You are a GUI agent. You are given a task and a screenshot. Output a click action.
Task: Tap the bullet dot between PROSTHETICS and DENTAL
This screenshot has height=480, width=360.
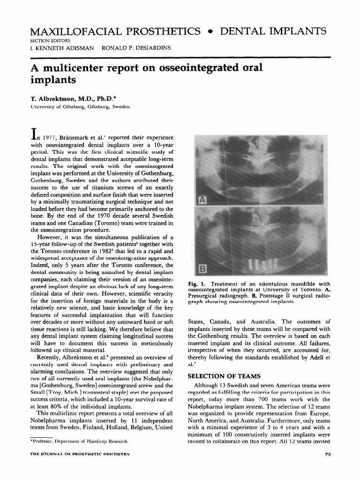click(213, 32)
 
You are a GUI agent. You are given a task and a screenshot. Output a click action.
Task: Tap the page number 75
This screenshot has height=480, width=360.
click(327, 455)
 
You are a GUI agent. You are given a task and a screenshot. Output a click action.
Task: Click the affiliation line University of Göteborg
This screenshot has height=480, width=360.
click(73, 107)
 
